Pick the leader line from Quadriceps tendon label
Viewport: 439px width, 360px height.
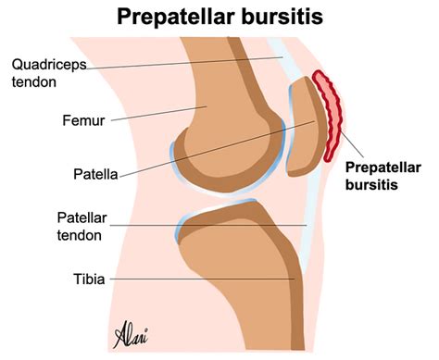pyautogui.click(x=185, y=63)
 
